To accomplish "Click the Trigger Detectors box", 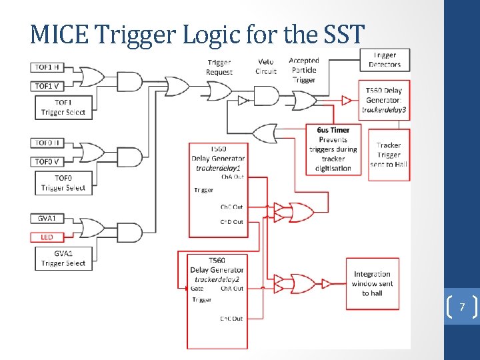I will [385, 60].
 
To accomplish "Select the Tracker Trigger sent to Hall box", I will [388, 154].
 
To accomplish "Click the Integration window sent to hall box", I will [372, 283].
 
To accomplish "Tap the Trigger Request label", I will [219, 67].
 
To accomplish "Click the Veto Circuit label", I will [265, 67].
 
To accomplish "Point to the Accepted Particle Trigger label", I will [304, 70].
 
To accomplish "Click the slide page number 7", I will [461, 307].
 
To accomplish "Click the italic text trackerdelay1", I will [218, 168].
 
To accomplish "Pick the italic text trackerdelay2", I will [217, 279].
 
